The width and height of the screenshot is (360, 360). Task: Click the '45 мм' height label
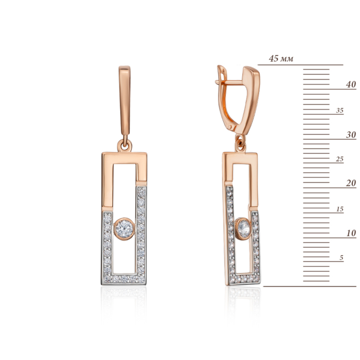[x=281, y=59]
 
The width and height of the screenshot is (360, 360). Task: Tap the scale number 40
[x=351, y=84]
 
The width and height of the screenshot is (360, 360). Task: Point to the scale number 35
[x=340, y=110]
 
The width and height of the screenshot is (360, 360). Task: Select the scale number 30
[x=351, y=135]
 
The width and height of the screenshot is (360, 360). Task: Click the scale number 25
[x=340, y=159]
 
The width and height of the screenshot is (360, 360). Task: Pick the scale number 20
[x=351, y=183]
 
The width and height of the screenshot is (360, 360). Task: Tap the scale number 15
[x=340, y=209]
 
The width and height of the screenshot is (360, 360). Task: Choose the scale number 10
[x=351, y=233]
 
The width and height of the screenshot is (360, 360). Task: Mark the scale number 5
[x=341, y=258]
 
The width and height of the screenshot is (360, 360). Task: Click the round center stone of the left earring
[x=124, y=229]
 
